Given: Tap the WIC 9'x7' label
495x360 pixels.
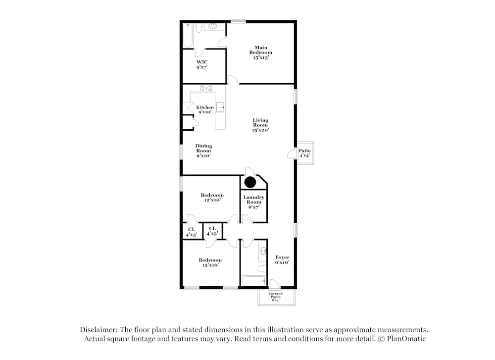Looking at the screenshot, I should pyautogui.click(x=201, y=64).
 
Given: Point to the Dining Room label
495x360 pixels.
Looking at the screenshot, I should pyautogui.click(x=203, y=151).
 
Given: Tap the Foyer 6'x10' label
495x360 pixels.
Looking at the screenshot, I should pyautogui.click(x=282, y=260).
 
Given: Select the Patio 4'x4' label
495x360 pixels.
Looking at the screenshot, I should pyautogui.click(x=304, y=153).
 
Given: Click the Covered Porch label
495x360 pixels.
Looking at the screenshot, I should pyautogui.click(x=276, y=297).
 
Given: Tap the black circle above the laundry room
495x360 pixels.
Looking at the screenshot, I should pyautogui.click(x=250, y=182).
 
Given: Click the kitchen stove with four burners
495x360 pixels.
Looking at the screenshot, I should pyautogui.click(x=206, y=89).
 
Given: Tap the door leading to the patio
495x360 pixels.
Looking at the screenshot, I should pyautogui.click(x=292, y=154).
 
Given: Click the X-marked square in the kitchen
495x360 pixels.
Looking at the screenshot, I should pyautogui.click(x=189, y=108).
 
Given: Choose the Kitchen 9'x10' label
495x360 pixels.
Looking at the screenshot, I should pyautogui.click(x=205, y=110).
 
